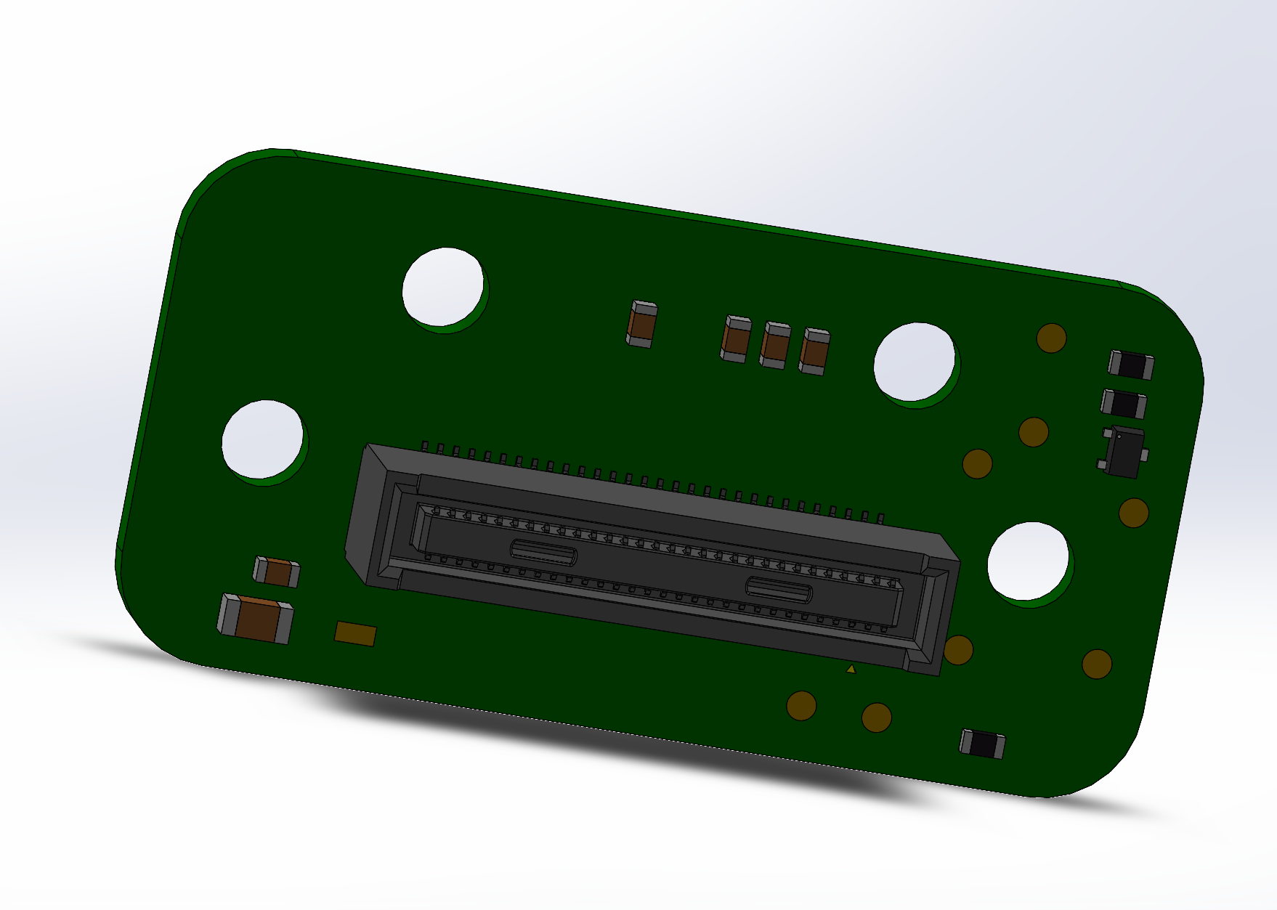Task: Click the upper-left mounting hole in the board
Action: point(442,286)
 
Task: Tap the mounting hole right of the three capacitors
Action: point(914,361)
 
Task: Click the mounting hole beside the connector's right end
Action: point(1028,561)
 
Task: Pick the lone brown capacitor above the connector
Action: point(641,325)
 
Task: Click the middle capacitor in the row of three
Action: point(775,346)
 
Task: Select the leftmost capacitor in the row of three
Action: point(736,338)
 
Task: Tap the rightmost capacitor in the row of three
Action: point(814,352)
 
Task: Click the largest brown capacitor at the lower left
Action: point(256,619)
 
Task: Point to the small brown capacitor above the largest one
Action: point(277,572)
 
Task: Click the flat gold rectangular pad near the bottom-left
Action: point(355,634)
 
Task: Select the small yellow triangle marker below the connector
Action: point(851,669)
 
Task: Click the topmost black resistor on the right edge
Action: point(1130,365)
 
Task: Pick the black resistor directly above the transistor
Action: point(1124,404)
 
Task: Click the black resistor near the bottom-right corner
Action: point(982,744)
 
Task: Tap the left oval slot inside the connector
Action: point(543,553)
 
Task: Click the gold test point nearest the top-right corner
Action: point(1051,338)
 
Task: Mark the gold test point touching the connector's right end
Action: point(959,650)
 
